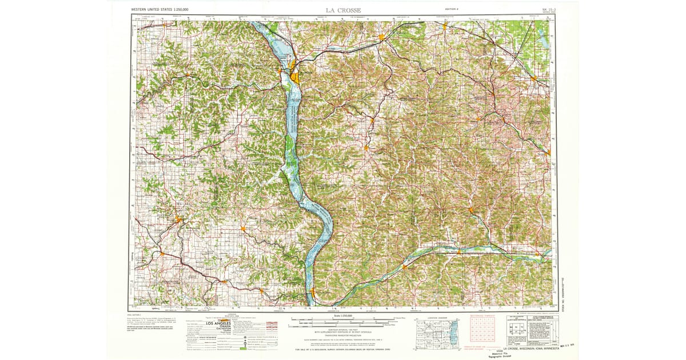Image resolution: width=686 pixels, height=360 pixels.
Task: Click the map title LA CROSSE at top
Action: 343,10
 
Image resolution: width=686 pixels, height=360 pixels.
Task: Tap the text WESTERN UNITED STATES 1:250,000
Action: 161,10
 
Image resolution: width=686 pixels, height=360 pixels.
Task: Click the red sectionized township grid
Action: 480,330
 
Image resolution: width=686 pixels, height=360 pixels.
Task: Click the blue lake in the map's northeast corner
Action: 542,37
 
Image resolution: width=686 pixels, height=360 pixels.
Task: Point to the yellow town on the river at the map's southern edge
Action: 313,294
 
